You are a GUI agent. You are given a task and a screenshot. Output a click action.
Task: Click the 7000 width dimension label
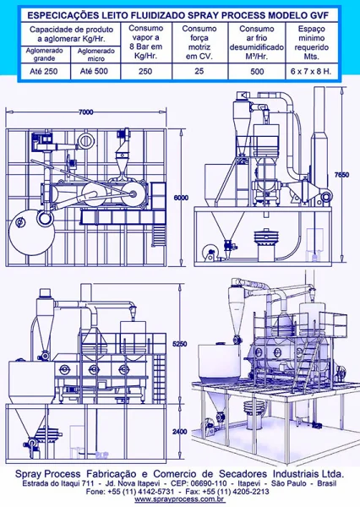[x=86, y=112]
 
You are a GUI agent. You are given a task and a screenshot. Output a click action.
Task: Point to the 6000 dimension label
[x=181, y=198]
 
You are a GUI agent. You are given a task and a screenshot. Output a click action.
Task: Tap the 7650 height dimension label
[x=341, y=175]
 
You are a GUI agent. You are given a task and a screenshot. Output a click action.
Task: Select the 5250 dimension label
[x=179, y=344]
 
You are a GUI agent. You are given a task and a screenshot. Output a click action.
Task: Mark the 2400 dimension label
[x=179, y=432]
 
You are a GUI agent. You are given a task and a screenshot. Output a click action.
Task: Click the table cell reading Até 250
[x=44, y=72]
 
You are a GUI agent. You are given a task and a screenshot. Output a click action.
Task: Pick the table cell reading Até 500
[x=94, y=71]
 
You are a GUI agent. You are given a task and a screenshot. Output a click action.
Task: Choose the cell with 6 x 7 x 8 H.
[x=311, y=72]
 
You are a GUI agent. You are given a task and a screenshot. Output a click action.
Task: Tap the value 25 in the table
[x=199, y=71]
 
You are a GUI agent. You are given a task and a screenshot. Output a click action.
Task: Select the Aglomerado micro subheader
[x=96, y=55]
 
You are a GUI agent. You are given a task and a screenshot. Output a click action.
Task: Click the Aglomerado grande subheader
[x=44, y=54]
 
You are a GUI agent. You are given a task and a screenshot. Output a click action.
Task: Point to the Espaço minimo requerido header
[x=312, y=42]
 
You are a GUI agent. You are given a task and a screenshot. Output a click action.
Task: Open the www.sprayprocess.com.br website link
[x=180, y=499]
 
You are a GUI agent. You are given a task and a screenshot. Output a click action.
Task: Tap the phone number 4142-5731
[x=157, y=492]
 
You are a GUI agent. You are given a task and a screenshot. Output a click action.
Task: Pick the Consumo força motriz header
[x=199, y=42]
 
